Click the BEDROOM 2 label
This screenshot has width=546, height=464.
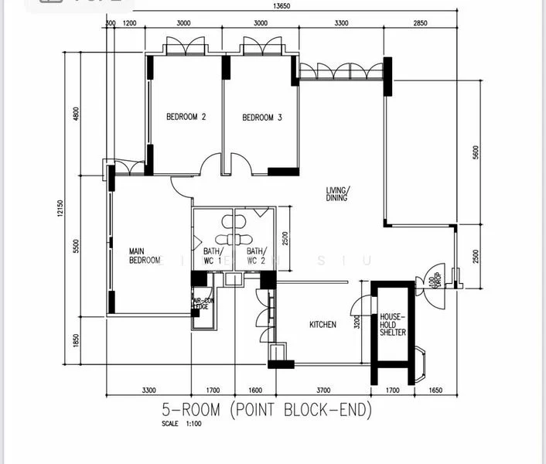pyautogui.click(x=186, y=118)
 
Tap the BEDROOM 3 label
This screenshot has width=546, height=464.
pyautogui.click(x=262, y=118)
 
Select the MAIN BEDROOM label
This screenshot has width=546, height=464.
pyautogui.click(x=145, y=256)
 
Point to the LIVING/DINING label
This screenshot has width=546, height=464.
pyautogui.click(x=337, y=194)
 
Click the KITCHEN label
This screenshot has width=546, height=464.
pyautogui.click(x=322, y=325)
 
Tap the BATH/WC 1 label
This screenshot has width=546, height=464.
pyautogui.click(x=213, y=256)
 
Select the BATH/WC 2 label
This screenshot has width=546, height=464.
pyautogui.click(x=256, y=256)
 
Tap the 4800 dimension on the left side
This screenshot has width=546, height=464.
pyautogui.click(x=76, y=114)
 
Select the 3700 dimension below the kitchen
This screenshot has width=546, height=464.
pyautogui.click(x=323, y=391)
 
